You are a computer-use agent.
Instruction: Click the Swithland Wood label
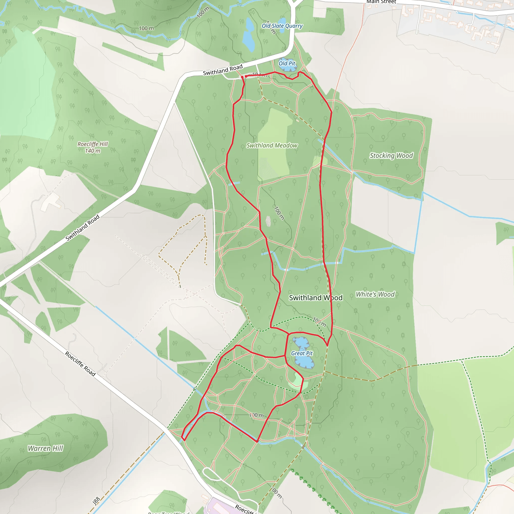click(x=315, y=298)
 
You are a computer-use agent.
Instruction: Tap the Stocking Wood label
click(x=391, y=155)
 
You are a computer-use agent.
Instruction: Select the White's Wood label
click(x=375, y=294)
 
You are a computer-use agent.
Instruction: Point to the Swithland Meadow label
click(x=272, y=145)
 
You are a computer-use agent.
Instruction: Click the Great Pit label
click(x=302, y=353)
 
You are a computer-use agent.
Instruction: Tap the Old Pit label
click(x=287, y=63)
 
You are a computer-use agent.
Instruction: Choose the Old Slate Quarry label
click(x=282, y=26)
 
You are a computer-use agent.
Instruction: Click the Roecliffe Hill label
click(x=93, y=144)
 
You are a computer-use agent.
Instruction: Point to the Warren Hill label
click(x=45, y=448)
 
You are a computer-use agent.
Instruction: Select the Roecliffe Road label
click(x=80, y=364)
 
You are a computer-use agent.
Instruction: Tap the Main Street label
click(x=381, y=2)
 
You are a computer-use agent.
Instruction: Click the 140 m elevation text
click(x=93, y=151)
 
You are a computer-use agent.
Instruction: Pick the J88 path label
click(x=96, y=501)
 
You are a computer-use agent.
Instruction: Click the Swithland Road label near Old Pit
click(x=223, y=70)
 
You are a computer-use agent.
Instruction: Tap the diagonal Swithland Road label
click(x=83, y=227)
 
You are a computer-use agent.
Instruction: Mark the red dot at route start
click(x=242, y=77)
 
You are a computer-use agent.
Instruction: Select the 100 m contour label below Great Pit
click(x=256, y=415)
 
